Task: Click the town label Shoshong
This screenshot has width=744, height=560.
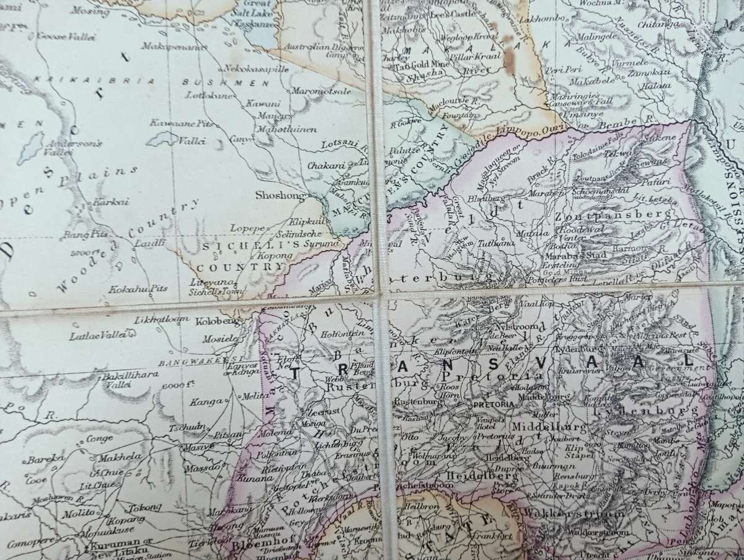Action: click(281, 195)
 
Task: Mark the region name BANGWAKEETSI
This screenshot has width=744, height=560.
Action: click(189, 359)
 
